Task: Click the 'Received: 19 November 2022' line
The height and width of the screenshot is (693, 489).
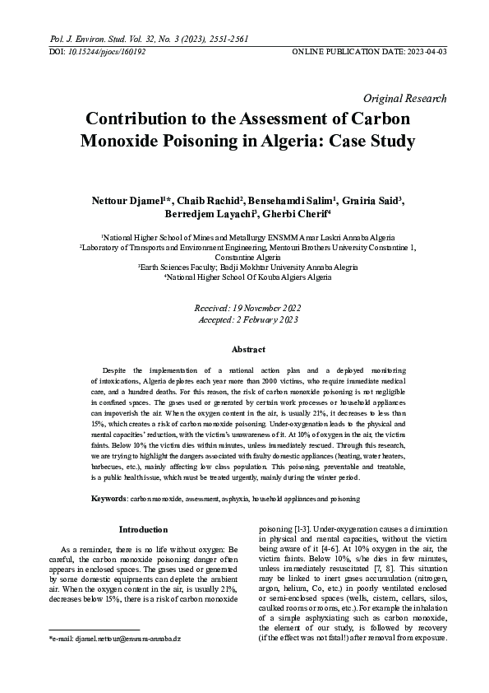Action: (244, 306)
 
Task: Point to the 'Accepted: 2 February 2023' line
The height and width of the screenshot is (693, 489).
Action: (244, 319)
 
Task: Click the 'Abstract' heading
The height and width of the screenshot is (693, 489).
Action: (244, 349)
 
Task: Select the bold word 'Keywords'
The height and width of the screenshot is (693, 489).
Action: (108, 499)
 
